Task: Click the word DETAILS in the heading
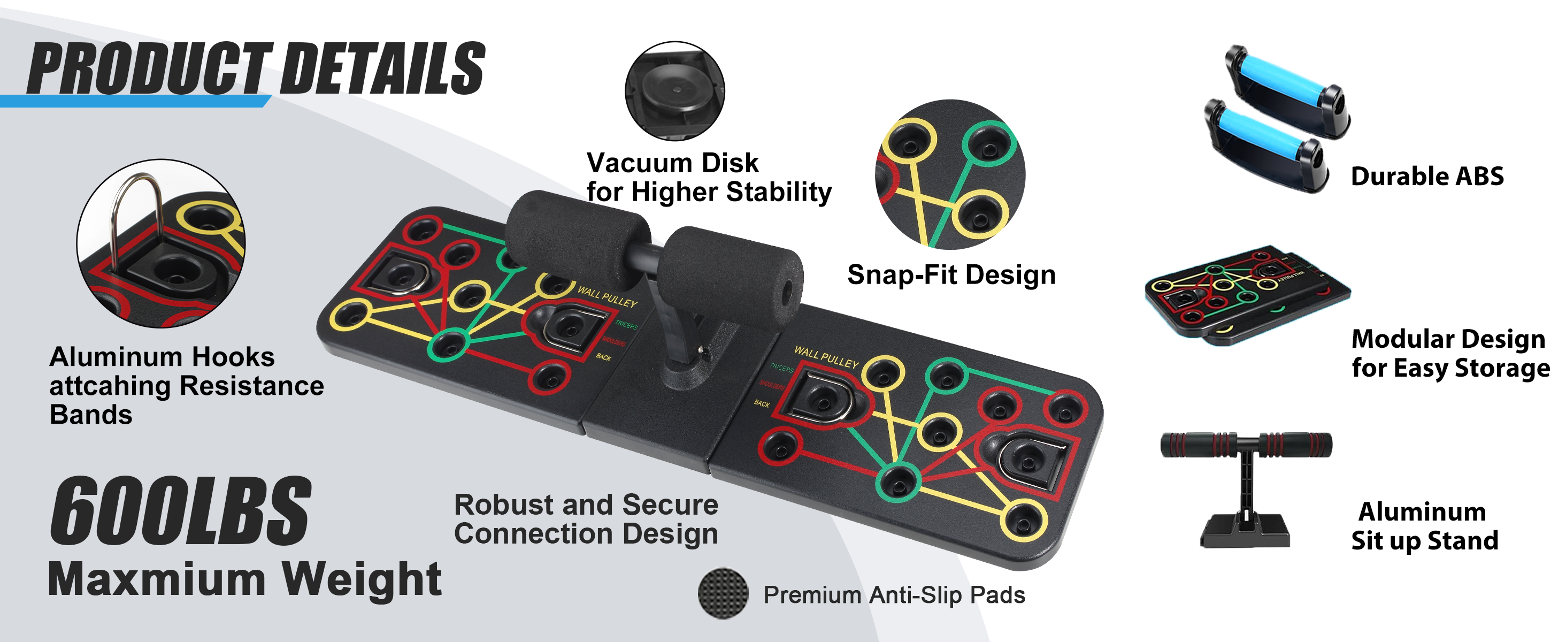(383, 68)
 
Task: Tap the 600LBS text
(180, 512)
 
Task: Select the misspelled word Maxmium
(157, 579)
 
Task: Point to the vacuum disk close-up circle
(675, 91)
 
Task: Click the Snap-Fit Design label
(951, 275)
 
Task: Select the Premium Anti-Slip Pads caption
(894, 595)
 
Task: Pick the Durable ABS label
(1427, 177)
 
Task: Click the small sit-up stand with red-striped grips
(1246, 486)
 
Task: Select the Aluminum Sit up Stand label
(1424, 526)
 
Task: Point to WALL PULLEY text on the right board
(826, 357)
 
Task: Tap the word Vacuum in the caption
(640, 163)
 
